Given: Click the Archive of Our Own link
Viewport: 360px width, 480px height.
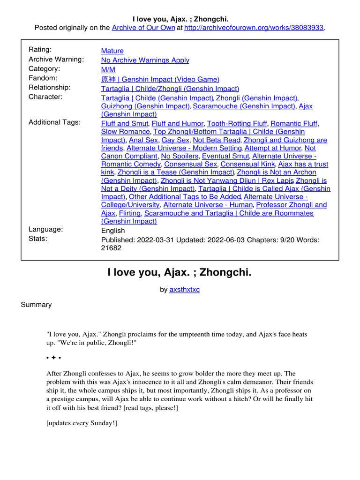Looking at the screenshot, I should (143, 28).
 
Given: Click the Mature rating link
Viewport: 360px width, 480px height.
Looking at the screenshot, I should (112, 51).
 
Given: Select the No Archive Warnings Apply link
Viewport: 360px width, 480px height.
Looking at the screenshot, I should (145, 60).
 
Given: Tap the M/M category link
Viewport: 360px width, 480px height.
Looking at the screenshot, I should (108, 69).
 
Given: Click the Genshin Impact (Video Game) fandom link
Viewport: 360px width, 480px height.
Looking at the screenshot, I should (160, 79).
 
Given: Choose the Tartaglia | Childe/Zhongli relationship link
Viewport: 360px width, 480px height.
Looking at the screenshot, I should (170, 89).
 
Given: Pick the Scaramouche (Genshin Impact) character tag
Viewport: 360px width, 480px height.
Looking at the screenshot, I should (244, 106).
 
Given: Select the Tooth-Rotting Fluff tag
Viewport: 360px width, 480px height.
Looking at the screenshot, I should (237, 123).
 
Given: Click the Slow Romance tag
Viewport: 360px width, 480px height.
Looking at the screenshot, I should (125, 132).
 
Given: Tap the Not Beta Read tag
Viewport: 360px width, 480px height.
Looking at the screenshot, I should (216, 140).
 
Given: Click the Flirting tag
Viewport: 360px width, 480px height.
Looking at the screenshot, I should (129, 213).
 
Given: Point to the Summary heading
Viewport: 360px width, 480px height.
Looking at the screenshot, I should (36, 305).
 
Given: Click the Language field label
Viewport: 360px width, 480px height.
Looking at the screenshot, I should (45, 229).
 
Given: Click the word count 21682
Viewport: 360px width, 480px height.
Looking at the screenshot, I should (111, 248).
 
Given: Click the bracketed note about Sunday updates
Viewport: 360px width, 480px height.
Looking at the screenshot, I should (82, 423).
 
